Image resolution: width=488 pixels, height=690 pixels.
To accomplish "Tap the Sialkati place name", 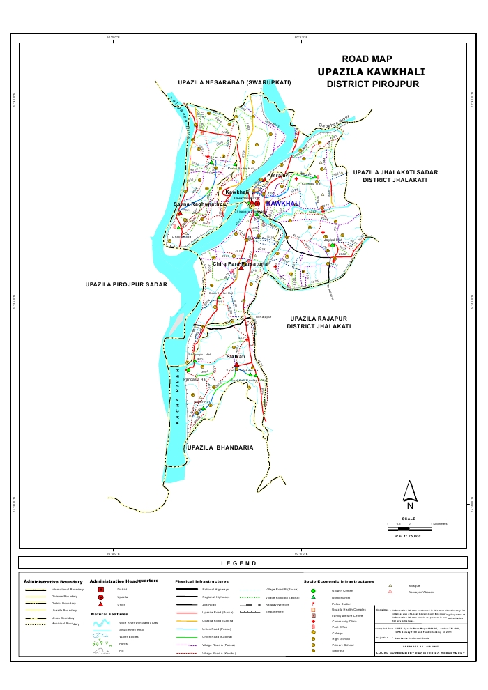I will [x=236, y=356].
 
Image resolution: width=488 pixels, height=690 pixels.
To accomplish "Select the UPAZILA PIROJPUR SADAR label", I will [x=126, y=284].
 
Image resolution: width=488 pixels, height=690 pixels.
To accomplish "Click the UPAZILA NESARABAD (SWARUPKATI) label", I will [x=234, y=82].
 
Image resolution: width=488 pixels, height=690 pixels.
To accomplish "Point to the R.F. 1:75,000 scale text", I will [x=409, y=536].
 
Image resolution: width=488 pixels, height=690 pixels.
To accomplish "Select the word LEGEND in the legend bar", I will [x=238, y=563].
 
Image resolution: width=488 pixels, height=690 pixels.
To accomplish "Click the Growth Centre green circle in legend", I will [x=314, y=591].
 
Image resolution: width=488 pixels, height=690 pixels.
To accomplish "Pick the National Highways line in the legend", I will [x=185, y=590].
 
